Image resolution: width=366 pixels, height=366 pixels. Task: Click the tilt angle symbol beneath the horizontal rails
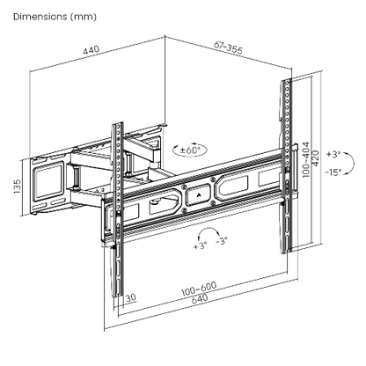(209, 235)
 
